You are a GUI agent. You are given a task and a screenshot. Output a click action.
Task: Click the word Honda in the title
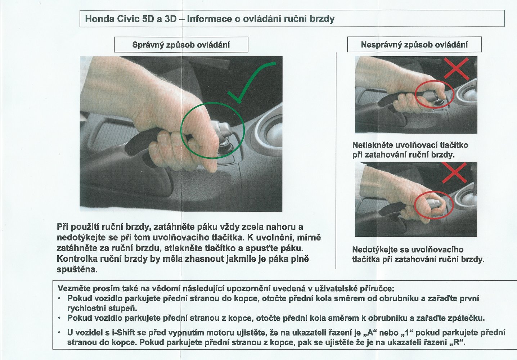pyautogui.click(x=100, y=19)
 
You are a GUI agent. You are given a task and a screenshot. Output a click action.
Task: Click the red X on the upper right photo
pyautogui.click(x=456, y=68)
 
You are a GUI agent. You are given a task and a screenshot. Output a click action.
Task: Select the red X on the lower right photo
pyautogui.click(x=454, y=172)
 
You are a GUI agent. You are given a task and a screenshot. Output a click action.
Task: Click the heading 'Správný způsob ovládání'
pyautogui.click(x=181, y=45)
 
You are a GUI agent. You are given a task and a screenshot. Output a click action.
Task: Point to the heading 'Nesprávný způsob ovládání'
pyautogui.click(x=414, y=45)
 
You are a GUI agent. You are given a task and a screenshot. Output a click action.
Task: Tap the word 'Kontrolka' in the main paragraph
pyautogui.click(x=77, y=259)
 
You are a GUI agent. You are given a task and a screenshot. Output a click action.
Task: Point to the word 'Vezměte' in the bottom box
pyautogui.click(x=72, y=288)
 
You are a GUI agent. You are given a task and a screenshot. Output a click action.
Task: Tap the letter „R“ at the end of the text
pyautogui.click(x=458, y=342)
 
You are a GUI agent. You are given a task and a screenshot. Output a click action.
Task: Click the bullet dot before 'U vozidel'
pyautogui.click(x=60, y=333)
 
